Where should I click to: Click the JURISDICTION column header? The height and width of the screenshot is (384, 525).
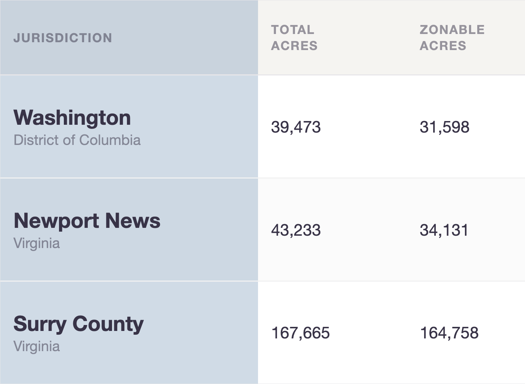(63, 38)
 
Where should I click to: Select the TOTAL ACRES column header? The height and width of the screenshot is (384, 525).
(294, 37)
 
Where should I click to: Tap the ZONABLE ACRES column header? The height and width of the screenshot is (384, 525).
(452, 37)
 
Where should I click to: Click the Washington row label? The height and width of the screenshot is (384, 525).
(72, 118)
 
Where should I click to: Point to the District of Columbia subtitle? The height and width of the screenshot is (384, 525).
(77, 140)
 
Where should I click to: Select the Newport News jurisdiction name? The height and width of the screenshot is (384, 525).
(87, 221)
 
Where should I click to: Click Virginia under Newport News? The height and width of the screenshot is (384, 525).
(37, 244)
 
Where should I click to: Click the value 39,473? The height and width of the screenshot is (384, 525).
(296, 127)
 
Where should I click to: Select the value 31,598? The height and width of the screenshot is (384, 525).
(444, 127)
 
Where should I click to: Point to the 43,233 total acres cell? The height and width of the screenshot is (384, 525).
(296, 230)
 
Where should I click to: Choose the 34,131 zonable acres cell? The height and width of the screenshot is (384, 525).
(444, 230)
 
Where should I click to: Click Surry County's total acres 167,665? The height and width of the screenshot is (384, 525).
(301, 333)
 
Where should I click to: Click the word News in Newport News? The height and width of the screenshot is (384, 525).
(133, 221)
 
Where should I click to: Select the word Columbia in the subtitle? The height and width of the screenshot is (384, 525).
(110, 140)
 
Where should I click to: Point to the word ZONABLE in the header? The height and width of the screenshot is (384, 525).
(452, 30)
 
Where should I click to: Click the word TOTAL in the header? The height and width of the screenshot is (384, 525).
(292, 30)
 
